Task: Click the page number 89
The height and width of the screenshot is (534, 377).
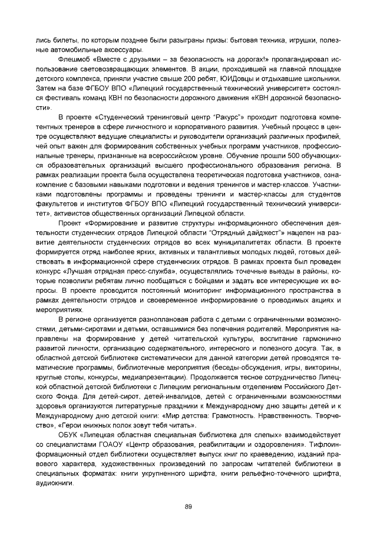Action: coord(188,506)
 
